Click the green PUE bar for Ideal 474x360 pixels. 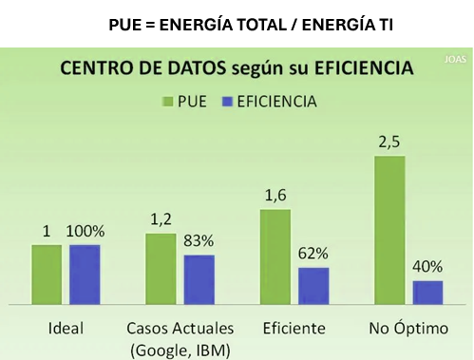click(x=46, y=274)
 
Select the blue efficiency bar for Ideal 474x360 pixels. click(x=85, y=274)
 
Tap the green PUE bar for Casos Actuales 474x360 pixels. click(x=161, y=268)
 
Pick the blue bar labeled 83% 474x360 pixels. click(x=199, y=279)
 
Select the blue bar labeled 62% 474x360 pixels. click(x=313, y=285)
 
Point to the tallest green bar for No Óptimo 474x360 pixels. click(x=389, y=230)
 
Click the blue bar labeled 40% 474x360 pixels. click(x=427, y=292)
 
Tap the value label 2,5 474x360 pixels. click(x=389, y=142)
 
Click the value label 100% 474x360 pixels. click(x=85, y=232)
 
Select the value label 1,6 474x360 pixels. click(x=275, y=197)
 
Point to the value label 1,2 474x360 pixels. click(x=161, y=220)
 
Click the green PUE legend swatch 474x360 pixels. click(x=168, y=100)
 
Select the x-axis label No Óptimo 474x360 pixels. click(x=408, y=329)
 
